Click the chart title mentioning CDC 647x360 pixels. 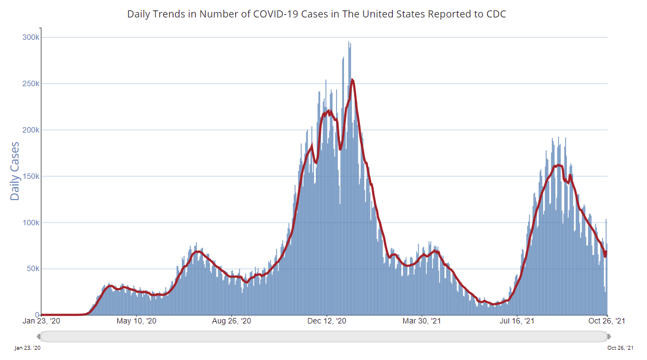point(316,14)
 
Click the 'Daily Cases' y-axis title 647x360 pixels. point(15,171)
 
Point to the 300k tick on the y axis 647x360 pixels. point(30,38)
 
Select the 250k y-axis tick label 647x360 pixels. point(30,84)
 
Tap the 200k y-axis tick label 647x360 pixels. point(30,130)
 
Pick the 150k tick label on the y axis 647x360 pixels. point(30,177)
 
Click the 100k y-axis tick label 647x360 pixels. point(30,223)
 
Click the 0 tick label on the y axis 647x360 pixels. point(37,315)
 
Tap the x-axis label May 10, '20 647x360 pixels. point(137,322)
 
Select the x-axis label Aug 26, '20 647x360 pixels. point(232,322)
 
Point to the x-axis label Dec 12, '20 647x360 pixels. point(327,322)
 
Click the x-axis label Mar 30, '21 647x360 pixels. point(422,322)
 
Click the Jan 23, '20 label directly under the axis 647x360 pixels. point(41,322)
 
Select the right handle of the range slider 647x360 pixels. point(608,336)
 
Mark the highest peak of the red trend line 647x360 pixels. point(352,80)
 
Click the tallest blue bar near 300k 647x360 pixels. point(349,43)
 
